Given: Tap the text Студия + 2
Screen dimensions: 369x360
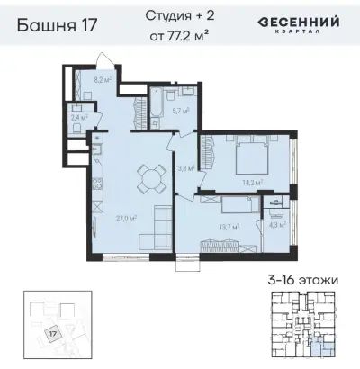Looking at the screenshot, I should point(179,15).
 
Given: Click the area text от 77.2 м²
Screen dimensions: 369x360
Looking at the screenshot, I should point(179,35).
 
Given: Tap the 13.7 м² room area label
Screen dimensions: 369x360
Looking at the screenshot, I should point(229,228).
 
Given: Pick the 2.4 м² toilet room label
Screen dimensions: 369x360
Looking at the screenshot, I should point(78,117).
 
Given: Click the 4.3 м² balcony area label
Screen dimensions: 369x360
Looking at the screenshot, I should point(276,225).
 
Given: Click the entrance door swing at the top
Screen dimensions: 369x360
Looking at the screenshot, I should point(107,61).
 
